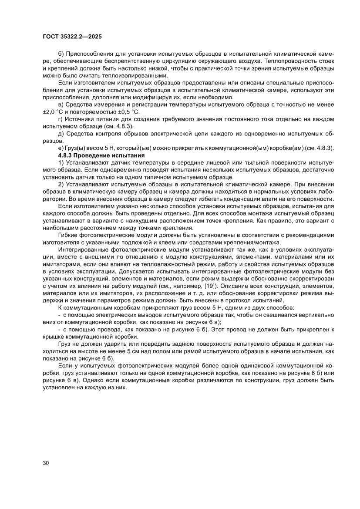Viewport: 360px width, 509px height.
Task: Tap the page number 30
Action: (46, 462)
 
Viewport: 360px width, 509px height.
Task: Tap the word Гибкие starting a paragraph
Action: (67, 236)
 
